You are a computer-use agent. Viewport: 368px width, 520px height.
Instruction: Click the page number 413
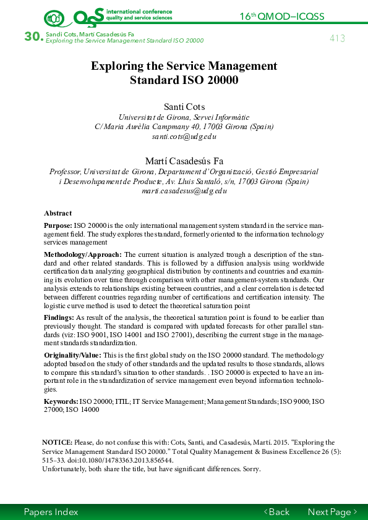(337, 38)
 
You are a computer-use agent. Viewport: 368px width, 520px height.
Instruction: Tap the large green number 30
(33, 37)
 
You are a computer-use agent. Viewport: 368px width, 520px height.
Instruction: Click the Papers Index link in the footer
(51, 512)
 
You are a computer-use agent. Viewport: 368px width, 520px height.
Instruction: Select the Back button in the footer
(276, 512)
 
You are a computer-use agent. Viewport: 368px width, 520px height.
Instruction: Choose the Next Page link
(332, 512)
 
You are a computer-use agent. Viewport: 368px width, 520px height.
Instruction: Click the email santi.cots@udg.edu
(184, 136)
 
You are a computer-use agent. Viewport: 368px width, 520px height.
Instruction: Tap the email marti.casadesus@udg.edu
(184, 191)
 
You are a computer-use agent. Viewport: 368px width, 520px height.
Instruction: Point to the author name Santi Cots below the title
(184, 107)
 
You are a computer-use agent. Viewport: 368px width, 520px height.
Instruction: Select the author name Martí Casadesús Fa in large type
(184, 161)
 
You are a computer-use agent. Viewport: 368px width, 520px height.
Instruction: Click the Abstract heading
(58, 213)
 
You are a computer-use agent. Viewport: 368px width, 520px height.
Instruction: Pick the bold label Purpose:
(58, 226)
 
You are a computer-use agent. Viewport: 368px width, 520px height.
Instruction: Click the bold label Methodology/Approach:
(83, 254)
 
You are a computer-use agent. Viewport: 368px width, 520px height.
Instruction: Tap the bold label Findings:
(59, 317)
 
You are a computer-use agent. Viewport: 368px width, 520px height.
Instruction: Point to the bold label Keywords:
(61, 401)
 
